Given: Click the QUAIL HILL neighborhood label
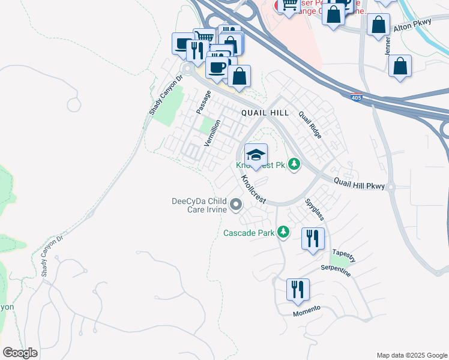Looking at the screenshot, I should click(x=265, y=113).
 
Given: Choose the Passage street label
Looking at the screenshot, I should click(x=203, y=103).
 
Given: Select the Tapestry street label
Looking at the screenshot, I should click(x=343, y=255).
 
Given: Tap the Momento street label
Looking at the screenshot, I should click(x=306, y=311).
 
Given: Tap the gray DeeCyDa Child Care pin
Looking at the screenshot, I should click(x=236, y=206).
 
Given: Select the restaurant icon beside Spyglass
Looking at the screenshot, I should click(x=313, y=238).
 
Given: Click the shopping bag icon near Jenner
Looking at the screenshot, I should click(x=400, y=65).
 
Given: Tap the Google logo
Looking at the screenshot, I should click(x=20, y=353).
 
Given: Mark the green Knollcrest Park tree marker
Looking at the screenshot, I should click(x=294, y=164).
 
